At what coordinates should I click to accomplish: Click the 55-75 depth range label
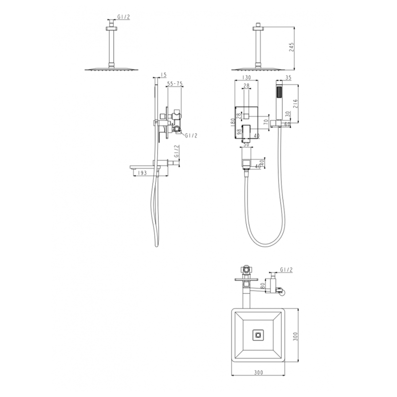(x=174, y=85)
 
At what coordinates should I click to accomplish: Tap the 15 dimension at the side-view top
(x=164, y=75)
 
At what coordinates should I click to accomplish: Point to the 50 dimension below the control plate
(x=247, y=144)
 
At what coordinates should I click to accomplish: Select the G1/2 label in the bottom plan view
(x=286, y=269)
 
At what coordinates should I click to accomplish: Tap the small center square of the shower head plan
(x=258, y=335)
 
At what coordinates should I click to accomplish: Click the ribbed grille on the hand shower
(x=280, y=92)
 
